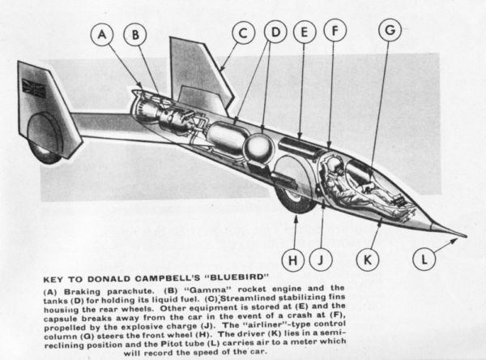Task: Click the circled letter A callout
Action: (102, 34)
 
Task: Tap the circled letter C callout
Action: (243, 32)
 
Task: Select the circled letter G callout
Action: (390, 30)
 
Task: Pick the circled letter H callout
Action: (293, 259)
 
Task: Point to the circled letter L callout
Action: (424, 259)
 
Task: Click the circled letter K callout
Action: (368, 259)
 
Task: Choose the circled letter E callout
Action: (305, 32)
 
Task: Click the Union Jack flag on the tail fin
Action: (34, 88)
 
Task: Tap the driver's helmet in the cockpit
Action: (334, 164)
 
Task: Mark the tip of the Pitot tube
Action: (467, 237)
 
